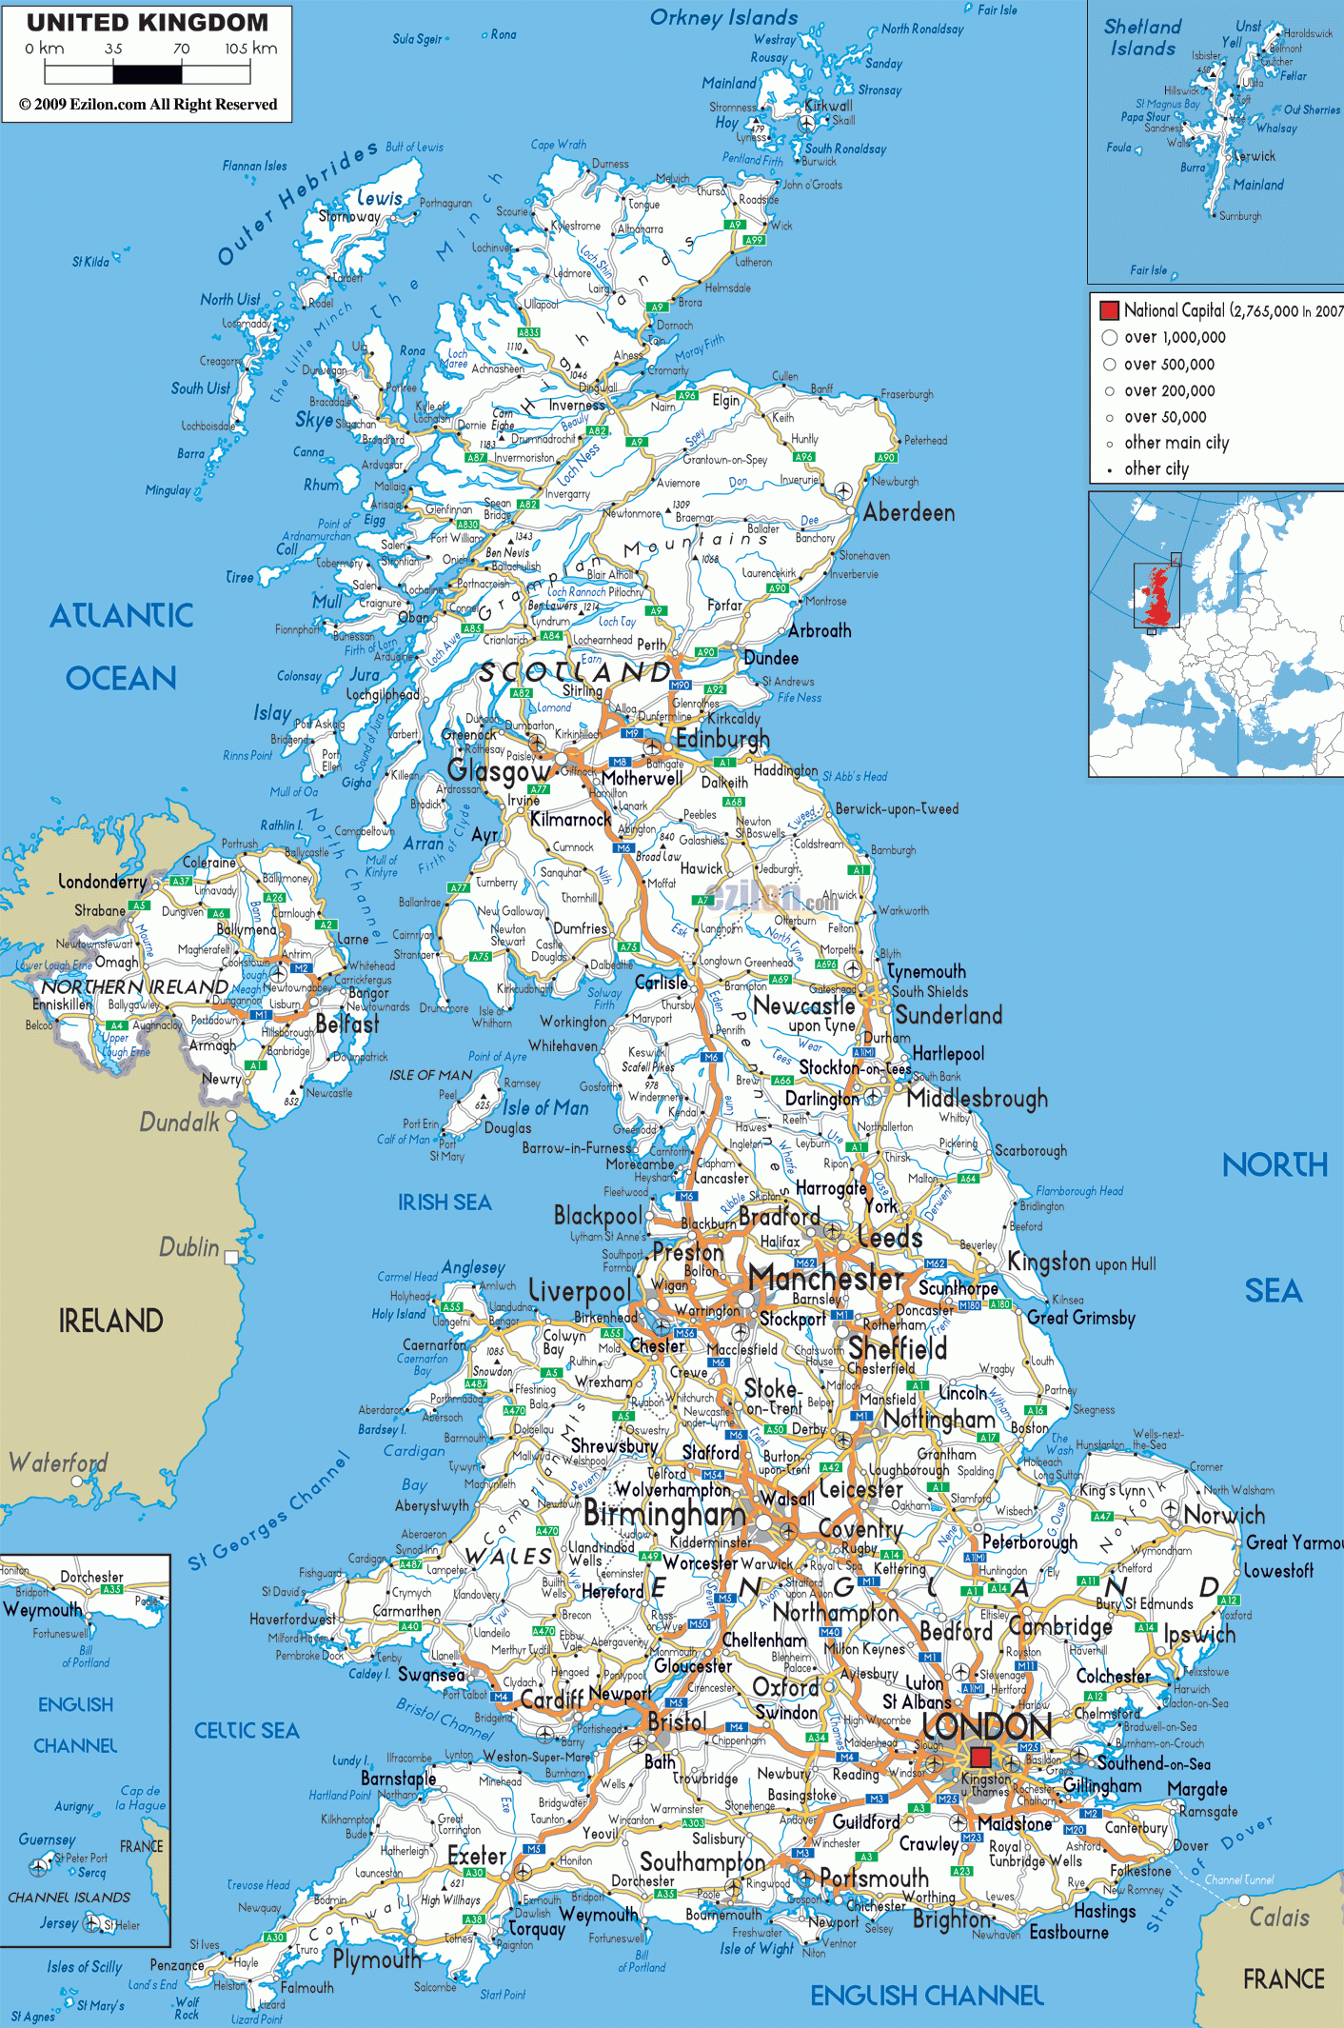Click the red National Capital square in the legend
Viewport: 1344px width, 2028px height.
(x=1109, y=310)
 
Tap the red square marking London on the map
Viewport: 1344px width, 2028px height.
(x=980, y=1757)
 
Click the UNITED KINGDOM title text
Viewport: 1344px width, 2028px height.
(x=148, y=22)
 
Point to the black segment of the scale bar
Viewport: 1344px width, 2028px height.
(x=148, y=73)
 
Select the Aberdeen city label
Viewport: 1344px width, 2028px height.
(x=908, y=513)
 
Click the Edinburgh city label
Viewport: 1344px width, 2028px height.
(x=722, y=739)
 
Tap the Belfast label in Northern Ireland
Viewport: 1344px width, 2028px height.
(x=346, y=1024)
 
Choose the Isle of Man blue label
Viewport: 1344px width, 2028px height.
(x=545, y=1107)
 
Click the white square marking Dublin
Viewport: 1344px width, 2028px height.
(x=231, y=1258)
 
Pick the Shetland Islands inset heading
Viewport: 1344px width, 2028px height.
(x=1142, y=38)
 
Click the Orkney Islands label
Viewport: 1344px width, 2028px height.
(x=723, y=18)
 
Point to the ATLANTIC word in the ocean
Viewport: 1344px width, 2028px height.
(x=122, y=616)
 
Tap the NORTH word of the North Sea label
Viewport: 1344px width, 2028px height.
(x=1274, y=1164)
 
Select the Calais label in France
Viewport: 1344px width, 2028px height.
(x=1278, y=1917)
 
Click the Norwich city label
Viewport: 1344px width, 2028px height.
(x=1224, y=1515)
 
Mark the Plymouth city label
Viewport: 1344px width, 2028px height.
(x=377, y=1959)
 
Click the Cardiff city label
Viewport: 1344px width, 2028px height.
(x=551, y=1700)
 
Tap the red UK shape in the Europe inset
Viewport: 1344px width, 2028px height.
(x=1157, y=595)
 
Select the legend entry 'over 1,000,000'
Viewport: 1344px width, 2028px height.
(x=1175, y=338)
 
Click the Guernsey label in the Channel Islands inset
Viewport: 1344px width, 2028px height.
(x=47, y=1839)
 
